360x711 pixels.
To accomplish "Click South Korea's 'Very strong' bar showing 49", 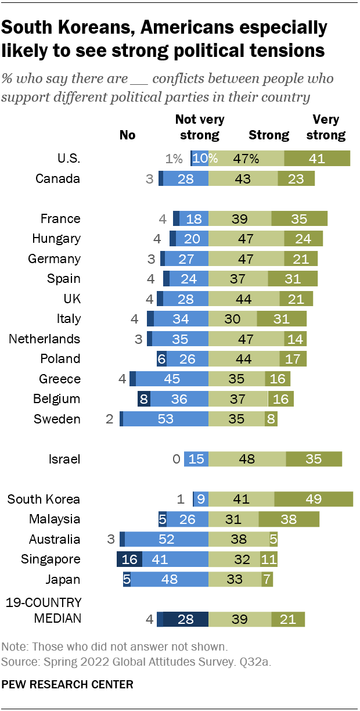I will (x=314, y=499).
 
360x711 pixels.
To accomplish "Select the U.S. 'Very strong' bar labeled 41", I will (x=317, y=159).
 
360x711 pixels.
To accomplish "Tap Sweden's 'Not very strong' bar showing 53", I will (x=165, y=419).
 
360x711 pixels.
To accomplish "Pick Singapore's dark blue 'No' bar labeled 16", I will (x=129, y=559).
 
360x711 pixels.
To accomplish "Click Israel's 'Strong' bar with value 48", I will (x=247, y=459).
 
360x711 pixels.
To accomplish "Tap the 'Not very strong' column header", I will (x=200, y=128).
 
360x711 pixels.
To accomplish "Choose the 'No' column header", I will (x=127, y=135).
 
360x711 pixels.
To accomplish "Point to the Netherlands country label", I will (x=44, y=339).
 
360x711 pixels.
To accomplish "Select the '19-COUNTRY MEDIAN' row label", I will (x=43, y=610).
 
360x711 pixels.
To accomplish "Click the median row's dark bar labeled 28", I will (x=185, y=620).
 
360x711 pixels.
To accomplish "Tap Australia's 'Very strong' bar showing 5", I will (x=273, y=539).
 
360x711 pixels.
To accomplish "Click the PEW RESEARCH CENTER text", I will (x=67, y=684).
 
